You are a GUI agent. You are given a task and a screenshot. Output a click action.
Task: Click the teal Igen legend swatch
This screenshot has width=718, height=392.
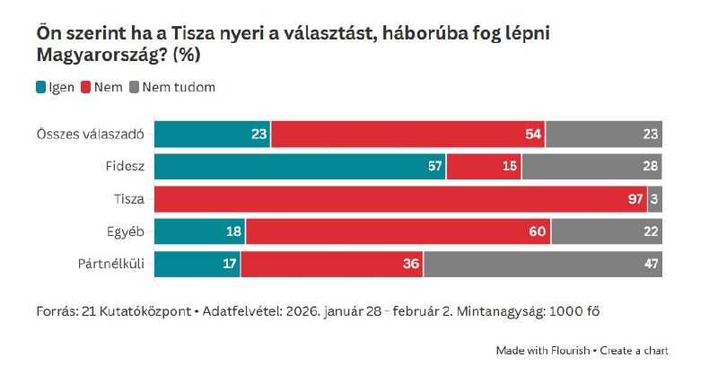[41, 87]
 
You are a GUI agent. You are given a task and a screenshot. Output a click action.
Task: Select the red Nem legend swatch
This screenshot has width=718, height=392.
[87, 87]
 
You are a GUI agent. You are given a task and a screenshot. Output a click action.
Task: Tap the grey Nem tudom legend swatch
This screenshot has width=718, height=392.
[135, 87]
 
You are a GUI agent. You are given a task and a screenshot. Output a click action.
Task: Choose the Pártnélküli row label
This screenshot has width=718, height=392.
[115, 264]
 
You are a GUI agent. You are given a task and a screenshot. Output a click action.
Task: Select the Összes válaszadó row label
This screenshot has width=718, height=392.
[93, 134]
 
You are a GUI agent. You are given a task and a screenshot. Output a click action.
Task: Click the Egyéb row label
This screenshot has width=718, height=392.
[127, 231]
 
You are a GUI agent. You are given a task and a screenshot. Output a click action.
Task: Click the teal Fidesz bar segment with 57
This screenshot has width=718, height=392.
[300, 166]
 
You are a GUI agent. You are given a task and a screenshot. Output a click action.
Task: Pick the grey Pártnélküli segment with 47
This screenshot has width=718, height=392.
[543, 264]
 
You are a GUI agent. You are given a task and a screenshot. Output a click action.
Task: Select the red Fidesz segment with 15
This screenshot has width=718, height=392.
[484, 166]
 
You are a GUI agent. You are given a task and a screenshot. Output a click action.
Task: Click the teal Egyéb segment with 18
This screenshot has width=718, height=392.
[199, 231]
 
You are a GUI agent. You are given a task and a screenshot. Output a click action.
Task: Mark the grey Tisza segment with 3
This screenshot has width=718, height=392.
[655, 199]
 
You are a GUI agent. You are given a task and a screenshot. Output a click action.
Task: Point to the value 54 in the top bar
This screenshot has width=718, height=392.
[534, 135]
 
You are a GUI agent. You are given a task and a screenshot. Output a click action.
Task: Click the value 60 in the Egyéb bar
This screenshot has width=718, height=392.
[538, 231]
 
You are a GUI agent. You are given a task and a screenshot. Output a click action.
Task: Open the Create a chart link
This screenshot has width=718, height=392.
[634, 350]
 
